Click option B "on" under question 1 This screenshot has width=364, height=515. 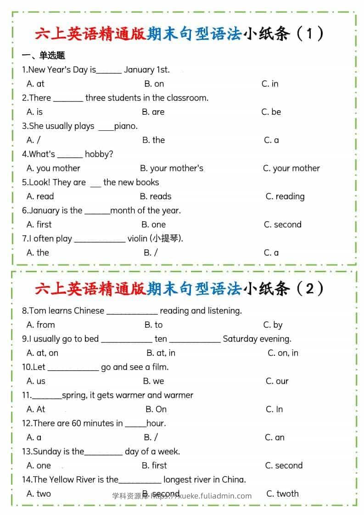(x=154, y=84)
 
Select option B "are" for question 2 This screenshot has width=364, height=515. (x=153, y=112)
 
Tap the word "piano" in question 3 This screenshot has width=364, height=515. (x=126, y=126)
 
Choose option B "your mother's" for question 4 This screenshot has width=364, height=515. (x=172, y=168)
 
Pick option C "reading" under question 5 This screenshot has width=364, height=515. (x=285, y=196)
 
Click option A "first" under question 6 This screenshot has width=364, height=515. (x=39, y=224)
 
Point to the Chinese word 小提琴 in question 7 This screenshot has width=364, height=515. (x=166, y=238)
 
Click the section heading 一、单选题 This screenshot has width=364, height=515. (x=44, y=56)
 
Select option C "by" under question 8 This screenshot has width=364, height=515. (x=273, y=325)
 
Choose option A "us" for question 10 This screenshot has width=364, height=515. (x=36, y=381)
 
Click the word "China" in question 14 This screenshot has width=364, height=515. (x=234, y=480)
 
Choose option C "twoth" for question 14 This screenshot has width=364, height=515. (x=282, y=494)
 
